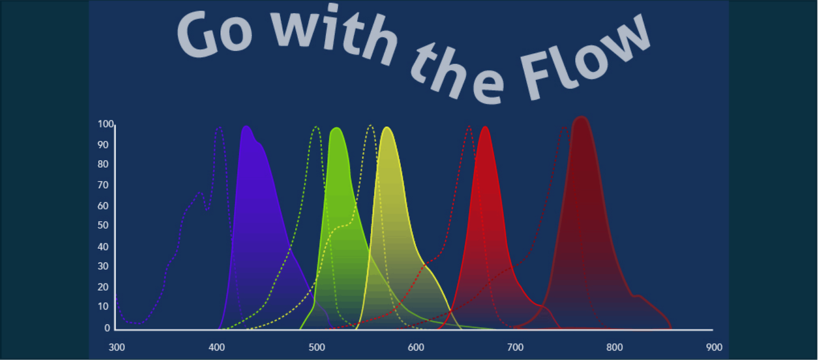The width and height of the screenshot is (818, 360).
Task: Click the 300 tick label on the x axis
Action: [117, 346]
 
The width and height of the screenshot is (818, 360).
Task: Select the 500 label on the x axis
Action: [316, 346]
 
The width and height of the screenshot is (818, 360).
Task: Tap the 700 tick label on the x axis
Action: [515, 346]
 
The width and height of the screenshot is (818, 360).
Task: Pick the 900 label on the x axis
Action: [714, 346]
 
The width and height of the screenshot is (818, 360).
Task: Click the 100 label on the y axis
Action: [105, 124]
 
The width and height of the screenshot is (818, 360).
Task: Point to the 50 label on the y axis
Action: [104, 226]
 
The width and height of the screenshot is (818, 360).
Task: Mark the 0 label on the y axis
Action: [108, 328]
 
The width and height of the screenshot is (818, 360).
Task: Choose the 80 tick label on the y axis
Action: [104, 164]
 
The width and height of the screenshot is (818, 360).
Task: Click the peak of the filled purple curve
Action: [245, 127]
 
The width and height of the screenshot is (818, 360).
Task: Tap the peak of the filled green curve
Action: [336, 128]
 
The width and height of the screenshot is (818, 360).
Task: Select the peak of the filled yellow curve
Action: [388, 127]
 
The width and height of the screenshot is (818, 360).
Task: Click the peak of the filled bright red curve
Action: [485, 127]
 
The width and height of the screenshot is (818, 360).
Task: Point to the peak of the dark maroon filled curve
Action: [581, 117]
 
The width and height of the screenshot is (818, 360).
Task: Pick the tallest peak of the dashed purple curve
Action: [219, 127]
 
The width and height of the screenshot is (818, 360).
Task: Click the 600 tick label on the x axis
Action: [416, 346]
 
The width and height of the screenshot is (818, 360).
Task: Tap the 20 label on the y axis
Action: [104, 287]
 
